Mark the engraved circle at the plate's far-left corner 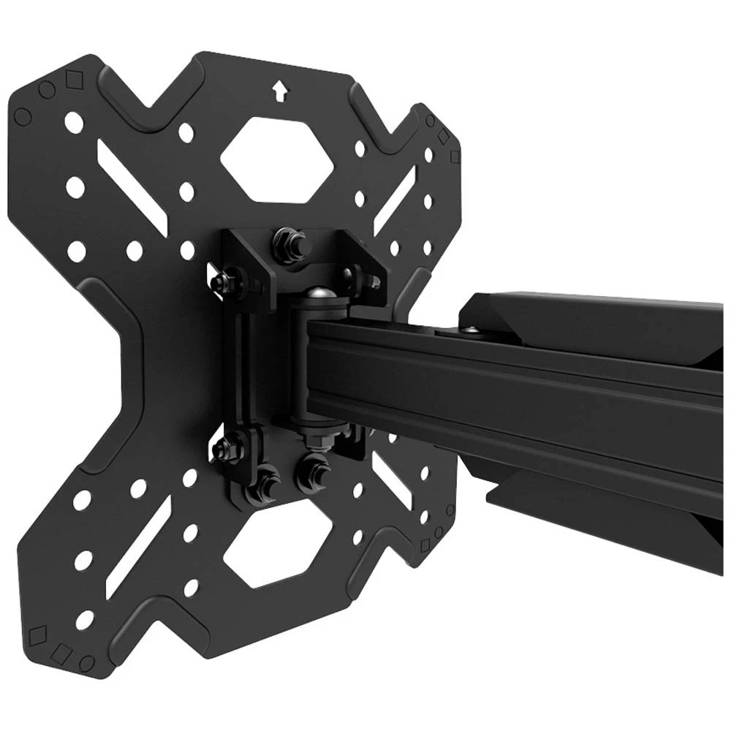tap(23, 115)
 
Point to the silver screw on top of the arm tap(470, 330)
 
